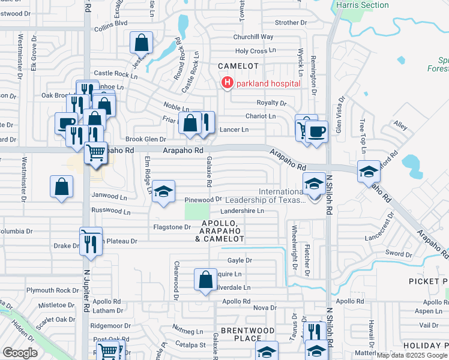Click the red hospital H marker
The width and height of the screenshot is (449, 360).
[228, 83]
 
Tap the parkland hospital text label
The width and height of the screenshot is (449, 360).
[268, 83]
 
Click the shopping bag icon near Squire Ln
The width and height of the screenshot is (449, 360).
[205, 279]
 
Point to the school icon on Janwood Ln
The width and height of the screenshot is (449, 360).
[163, 191]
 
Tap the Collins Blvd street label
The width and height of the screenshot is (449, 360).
[111, 23]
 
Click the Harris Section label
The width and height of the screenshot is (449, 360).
[363, 5]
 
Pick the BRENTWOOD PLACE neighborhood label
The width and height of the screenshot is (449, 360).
[239, 335]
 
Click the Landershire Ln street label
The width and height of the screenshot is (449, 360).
[243, 211]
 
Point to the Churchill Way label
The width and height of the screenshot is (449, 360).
[253, 37]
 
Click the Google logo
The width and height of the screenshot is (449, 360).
[20, 353]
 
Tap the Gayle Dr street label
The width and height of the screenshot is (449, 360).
[240, 260]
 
